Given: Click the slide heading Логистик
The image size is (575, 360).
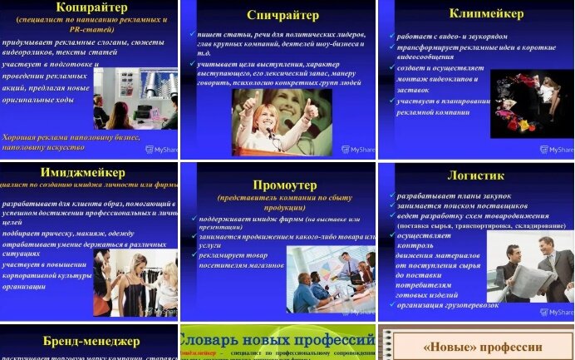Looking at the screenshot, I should [475, 175].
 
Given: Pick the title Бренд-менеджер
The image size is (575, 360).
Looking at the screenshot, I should [91, 341].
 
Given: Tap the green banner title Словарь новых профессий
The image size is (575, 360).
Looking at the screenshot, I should [278, 340].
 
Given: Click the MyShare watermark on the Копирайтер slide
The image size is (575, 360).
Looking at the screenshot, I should [160, 150].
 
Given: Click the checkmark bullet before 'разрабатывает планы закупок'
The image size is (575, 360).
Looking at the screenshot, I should [391, 196].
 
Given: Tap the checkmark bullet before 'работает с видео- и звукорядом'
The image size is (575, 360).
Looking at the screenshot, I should [391, 37].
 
